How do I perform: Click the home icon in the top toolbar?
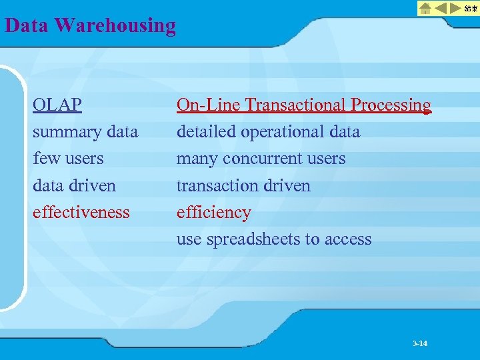pyautogui.click(x=425, y=8)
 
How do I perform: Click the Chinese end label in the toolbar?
pyautogui.click(x=471, y=8)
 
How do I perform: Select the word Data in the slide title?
pyautogui.click(x=27, y=25)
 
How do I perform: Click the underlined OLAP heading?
pyautogui.click(x=58, y=105)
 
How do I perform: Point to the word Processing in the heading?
pyautogui.click(x=391, y=105)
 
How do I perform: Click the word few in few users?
pyautogui.click(x=45, y=159)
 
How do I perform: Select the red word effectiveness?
pyautogui.click(x=81, y=212)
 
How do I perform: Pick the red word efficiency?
pyautogui.click(x=213, y=212)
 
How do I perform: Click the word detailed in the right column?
pyautogui.click(x=206, y=132)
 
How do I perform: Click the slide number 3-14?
pyautogui.click(x=420, y=343)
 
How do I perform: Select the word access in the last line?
pyautogui.click(x=348, y=239)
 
